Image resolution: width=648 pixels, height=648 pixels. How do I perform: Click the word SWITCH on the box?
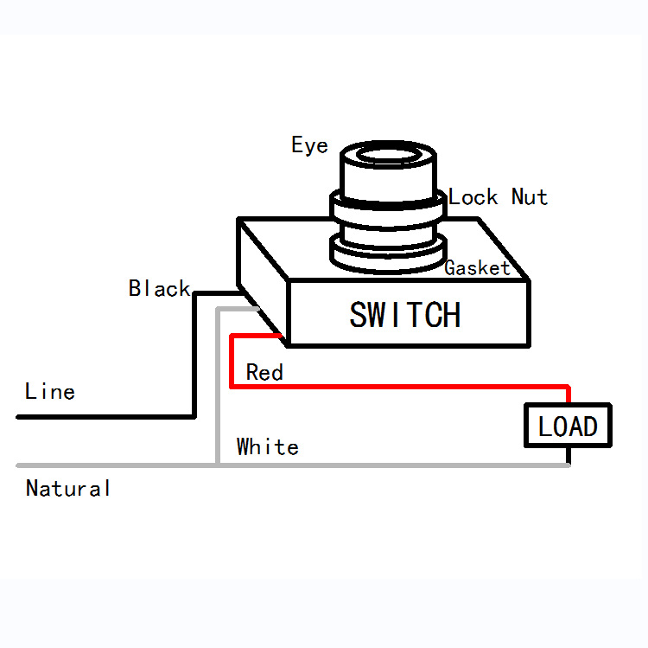pyautogui.click(x=404, y=315)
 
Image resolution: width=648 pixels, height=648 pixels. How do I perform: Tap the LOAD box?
pyautogui.click(x=568, y=426)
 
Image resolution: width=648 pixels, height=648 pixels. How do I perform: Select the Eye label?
pyautogui.click(x=309, y=145)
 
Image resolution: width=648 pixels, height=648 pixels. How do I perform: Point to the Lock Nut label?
pyautogui.click(x=498, y=197)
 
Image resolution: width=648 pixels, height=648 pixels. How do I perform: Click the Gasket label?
pyautogui.click(x=477, y=268)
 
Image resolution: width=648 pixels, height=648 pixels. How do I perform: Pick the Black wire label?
pyautogui.click(x=159, y=288)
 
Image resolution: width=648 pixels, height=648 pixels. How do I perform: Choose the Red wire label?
pyautogui.click(x=264, y=373)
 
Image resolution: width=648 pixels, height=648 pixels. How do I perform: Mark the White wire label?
pyautogui.click(x=268, y=447)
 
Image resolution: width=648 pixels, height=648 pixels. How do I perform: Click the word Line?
pyautogui.click(x=50, y=391)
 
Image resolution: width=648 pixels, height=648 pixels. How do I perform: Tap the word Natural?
pyautogui.click(x=68, y=489)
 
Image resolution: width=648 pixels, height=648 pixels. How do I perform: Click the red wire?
pyautogui.click(x=397, y=386)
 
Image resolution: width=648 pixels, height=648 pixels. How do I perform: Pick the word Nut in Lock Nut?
pyautogui.click(x=530, y=197)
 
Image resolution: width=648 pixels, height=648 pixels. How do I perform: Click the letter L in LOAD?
pyautogui.click(x=544, y=427)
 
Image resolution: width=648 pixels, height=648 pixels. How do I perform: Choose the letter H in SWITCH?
pyautogui.click(x=449, y=315)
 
